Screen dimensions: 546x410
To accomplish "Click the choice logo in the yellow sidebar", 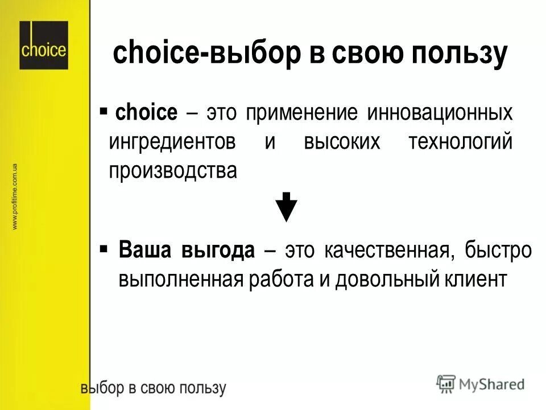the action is coord(43,46).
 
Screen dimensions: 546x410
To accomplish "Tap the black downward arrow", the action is coord(287,207).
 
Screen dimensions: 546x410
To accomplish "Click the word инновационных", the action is coord(439,112).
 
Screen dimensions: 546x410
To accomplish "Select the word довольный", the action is coord(381,280).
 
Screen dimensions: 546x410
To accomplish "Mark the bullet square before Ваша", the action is coord(104,249).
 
